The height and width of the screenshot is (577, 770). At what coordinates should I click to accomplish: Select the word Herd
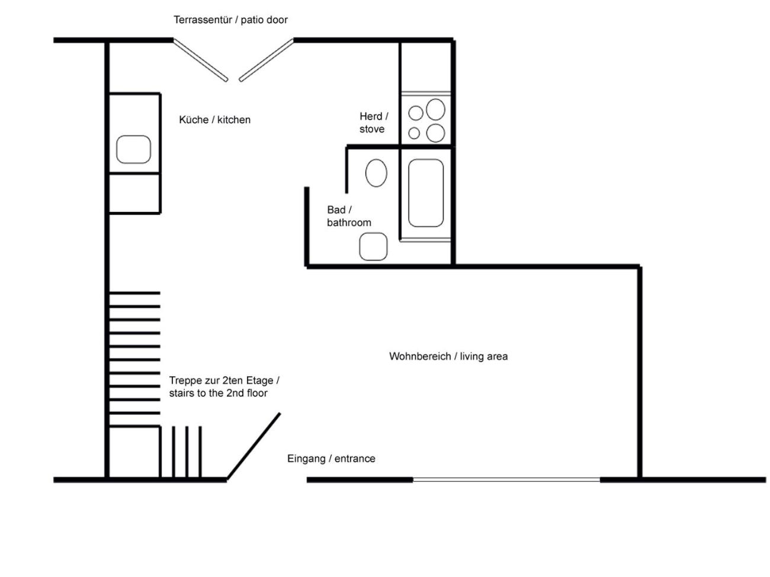click(x=370, y=117)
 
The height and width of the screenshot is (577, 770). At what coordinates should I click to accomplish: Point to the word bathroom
click(x=349, y=223)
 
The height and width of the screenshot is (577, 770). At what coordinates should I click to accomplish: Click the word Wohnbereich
click(x=419, y=356)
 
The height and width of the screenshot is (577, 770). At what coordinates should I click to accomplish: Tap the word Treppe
click(x=185, y=381)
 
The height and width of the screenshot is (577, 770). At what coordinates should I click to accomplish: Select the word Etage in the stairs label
click(x=259, y=381)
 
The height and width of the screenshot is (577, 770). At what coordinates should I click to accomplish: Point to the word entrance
click(x=354, y=459)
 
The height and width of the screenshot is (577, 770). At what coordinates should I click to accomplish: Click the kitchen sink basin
click(x=133, y=149)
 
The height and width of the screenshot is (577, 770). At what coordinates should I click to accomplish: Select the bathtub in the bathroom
click(x=425, y=193)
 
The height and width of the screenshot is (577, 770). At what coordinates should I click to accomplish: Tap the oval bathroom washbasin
click(x=376, y=173)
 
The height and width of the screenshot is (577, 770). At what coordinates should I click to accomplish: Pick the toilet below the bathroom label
click(x=373, y=247)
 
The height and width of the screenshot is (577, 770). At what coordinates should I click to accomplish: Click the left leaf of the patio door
click(x=200, y=60)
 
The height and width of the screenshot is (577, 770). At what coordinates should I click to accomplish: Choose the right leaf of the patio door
click(x=267, y=60)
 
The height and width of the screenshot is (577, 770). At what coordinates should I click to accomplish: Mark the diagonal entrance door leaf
click(x=254, y=446)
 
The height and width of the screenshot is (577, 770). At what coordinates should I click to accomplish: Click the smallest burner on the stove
click(x=415, y=133)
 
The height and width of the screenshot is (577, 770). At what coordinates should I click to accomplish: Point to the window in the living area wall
click(x=506, y=479)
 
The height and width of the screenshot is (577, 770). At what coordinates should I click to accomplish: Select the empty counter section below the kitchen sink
click(x=134, y=193)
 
